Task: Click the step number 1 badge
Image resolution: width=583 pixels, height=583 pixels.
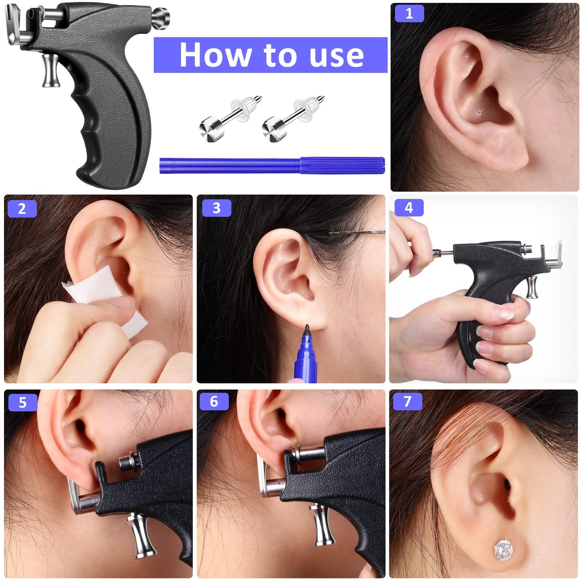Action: click(x=409, y=13)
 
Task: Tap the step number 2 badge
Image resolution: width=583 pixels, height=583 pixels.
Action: click(x=22, y=209)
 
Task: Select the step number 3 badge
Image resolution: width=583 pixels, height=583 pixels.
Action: click(x=217, y=208)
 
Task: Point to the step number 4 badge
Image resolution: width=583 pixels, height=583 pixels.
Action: click(x=409, y=207)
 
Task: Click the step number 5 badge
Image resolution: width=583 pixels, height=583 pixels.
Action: click(x=23, y=402)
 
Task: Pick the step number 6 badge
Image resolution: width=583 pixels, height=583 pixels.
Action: click(x=214, y=401)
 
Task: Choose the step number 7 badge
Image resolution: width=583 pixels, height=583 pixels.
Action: click(x=407, y=401)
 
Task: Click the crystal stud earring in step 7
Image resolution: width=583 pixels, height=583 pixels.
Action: click(x=504, y=550)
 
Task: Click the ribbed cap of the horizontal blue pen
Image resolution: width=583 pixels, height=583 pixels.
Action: click(x=342, y=165)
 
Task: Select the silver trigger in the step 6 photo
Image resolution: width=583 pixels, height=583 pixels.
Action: click(x=323, y=526)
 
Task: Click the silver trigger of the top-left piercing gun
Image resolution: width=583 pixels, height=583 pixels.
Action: click(x=51, y=71)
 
